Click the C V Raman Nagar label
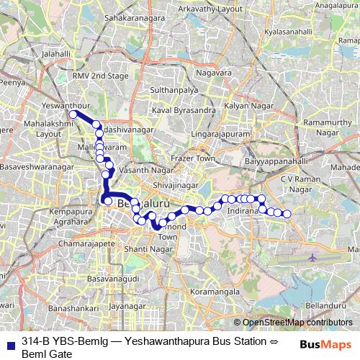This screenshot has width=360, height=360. pyautogui.click(x=305, y=183)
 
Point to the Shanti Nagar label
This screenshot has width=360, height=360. pyautogui.click(x=147, y=248)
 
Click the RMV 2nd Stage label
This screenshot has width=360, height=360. pyautogui.click(x=100, y=76)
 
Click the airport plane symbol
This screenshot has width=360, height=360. pyautogui.click(x=312, y=258)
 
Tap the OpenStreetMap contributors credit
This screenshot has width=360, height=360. pyautogui.click(x=293, y=323)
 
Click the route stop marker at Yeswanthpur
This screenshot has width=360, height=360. pyautogui.click(x=73, y=114)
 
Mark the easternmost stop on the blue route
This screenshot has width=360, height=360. pyautogui.click(x=287, y=214)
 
